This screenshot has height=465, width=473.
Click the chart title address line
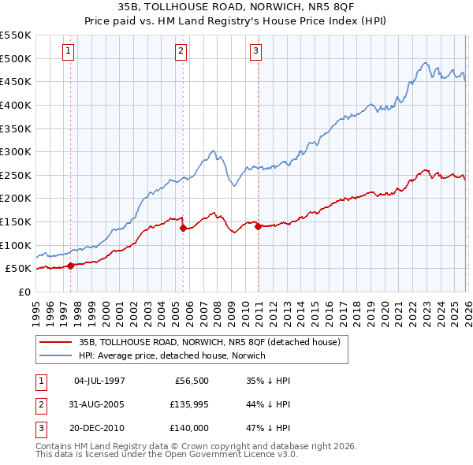click(236, 7)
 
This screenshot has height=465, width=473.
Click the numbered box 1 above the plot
click(69, 51)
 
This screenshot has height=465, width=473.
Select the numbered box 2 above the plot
click(181, 51)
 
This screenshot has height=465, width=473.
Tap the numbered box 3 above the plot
click(256, 51)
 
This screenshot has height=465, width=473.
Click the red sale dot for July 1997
click(71, 266)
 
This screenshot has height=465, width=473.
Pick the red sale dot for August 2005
click(184, 229)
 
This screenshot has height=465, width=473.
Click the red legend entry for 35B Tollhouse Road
click(209, 343)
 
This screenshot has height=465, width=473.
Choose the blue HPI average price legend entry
click(172, 355)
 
